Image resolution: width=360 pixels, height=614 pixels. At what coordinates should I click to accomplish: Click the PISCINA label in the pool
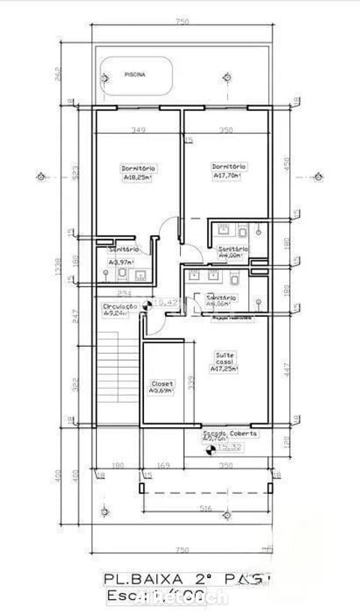(x=135, y=74)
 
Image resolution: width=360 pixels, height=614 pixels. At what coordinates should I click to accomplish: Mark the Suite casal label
(x=225, y=360)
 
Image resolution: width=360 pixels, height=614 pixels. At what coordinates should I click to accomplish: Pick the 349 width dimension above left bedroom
(x=137, y=131)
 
